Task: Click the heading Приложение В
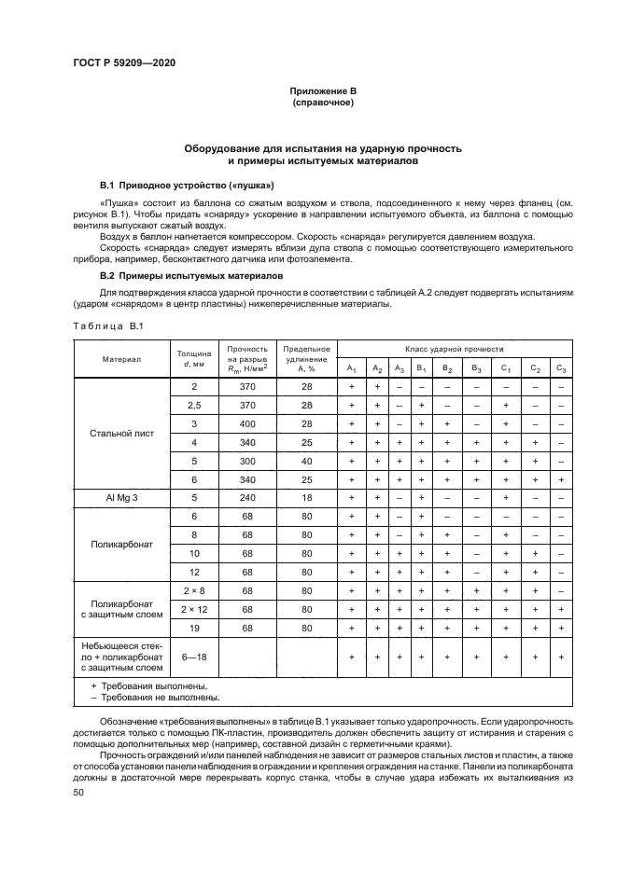[x=322, y=90]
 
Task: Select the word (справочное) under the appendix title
[x=322, y=102]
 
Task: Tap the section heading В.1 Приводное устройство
[x=180, y=186]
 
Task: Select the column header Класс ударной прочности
[x=454, y=346]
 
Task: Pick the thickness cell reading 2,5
[x=194, y=405]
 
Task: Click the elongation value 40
[x=305, y=461]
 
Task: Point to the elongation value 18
[x=305, y=498]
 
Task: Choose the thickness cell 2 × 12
[x=194, y=609]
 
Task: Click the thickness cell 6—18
[x=194, y=657]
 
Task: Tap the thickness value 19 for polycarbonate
[x=194, y=628]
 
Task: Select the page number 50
[x=78, y=792]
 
